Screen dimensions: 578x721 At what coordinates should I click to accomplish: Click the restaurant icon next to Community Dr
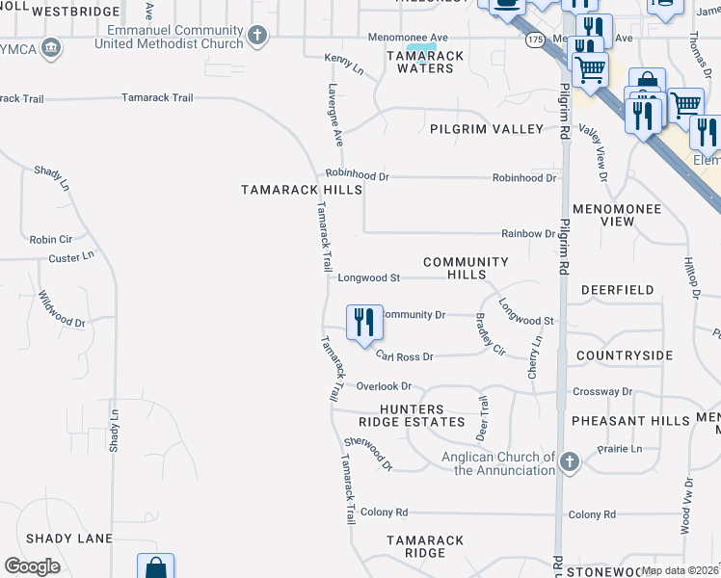364,322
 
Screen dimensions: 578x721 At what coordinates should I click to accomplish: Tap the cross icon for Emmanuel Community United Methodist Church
256,37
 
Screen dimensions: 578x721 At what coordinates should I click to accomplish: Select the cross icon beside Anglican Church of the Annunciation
570,462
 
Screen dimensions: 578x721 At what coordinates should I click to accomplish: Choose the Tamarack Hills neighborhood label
301,190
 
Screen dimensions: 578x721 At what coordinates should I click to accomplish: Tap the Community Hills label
466,268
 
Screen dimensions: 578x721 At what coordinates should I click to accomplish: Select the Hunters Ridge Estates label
412,415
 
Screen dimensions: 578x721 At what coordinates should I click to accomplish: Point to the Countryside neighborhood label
624,355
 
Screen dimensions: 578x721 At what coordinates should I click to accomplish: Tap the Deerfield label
617,289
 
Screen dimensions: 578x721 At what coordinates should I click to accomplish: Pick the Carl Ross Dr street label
405,356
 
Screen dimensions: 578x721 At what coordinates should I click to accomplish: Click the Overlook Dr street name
384,386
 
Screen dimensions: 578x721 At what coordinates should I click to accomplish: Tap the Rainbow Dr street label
528,234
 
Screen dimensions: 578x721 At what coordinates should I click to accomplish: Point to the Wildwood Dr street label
62,310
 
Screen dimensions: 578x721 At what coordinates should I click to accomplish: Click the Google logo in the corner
32,566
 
